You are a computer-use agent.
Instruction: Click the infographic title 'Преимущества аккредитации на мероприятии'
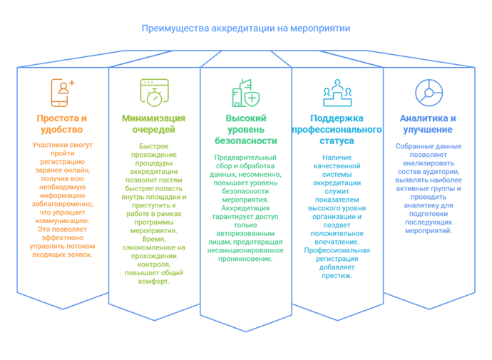pyautogui.click(x=246, y=29)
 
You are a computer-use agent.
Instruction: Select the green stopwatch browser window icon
pyautogui.click(x=154, y=93)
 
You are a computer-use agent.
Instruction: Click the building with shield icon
pyautogui.click(x=246, y=93)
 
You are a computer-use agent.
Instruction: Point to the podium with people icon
pyautogui.click(x=337, y=93)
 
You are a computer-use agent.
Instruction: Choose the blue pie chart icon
pyautogui.click(x=429, y=93)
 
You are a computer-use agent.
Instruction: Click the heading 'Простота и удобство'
pyautogui.click(x=62, y=124)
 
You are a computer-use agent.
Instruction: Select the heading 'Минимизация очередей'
pyautogui.click(x=153, y=124)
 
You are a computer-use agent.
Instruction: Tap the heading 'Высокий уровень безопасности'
pyautogui.click(x=246, y=130)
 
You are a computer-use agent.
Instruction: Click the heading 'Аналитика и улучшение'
pyautogui.click(x=428, y=124)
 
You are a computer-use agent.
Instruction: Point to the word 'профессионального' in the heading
pyautogui.click(x=337, y=130)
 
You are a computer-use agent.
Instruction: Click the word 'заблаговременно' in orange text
pyautogui.click(x=62, y=204)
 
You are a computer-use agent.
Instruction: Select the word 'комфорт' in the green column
pyautogui.click(x=153, y=282)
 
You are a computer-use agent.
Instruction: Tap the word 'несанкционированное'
pyautogui.click(x=245, y=250)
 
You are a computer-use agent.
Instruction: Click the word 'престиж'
pyautogui.click(x=336, y=276)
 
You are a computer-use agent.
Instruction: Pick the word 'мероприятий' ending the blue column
pyautogui.click(x=428, y=231)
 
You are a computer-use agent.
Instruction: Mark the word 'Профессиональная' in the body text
pyautogui.click(x=337, y=250)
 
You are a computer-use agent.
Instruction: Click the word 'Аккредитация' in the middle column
pyautogui.click(x=245, y=208)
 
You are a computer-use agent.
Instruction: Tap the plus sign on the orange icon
pyautogui.click(x=72, y=83)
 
